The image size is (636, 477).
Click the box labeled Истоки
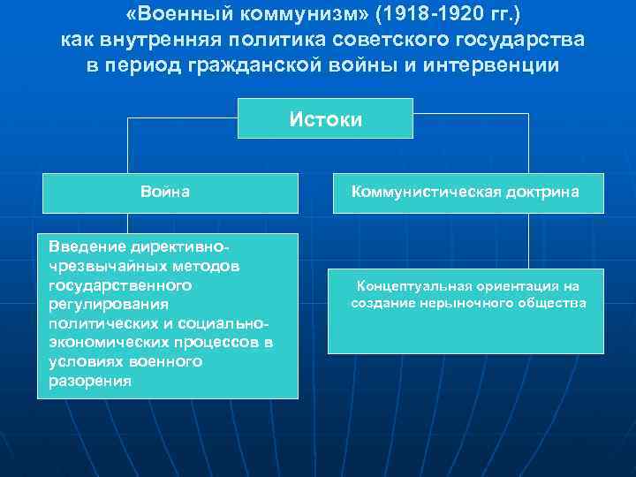(x=325, y=118)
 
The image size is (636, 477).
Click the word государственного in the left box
(x=121, y=285)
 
